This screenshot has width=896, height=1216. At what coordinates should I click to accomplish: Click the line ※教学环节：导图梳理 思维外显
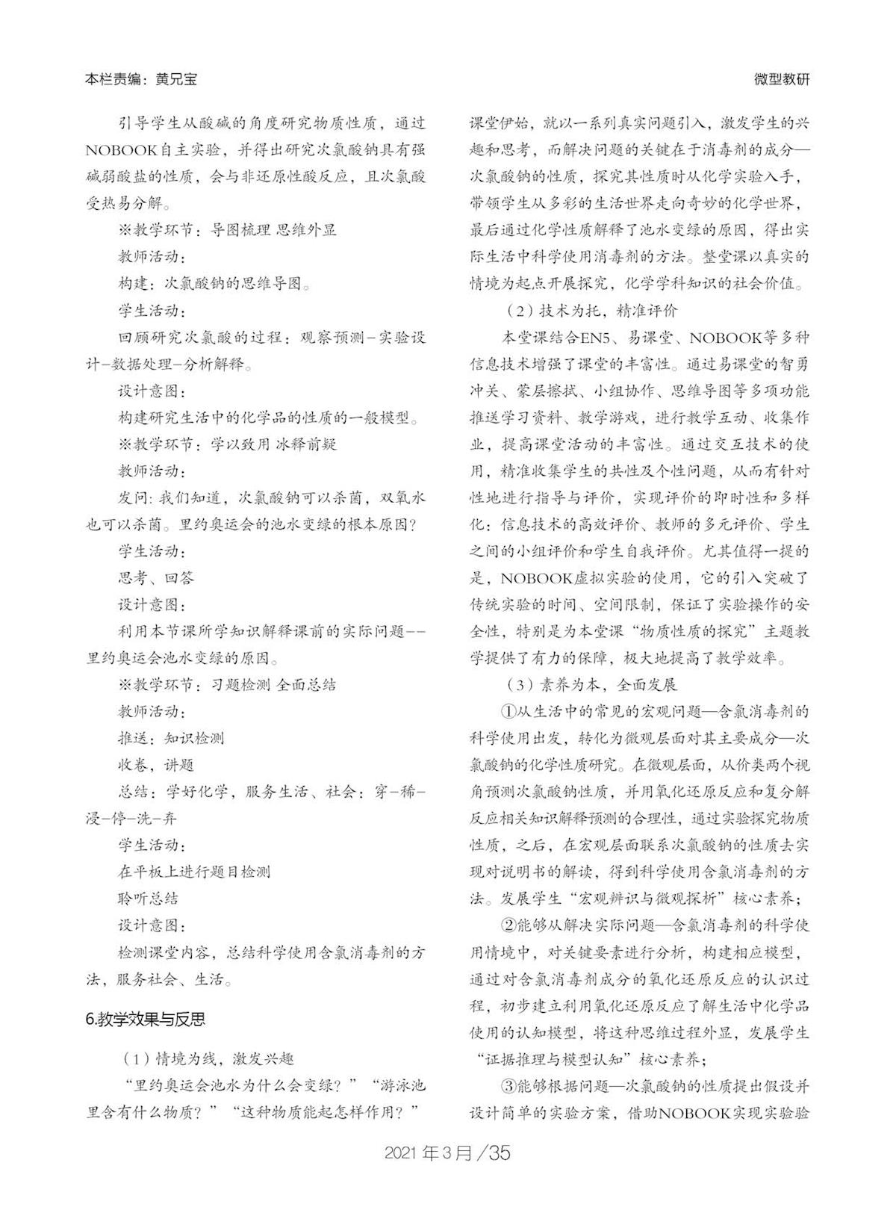click(x=227, y=230)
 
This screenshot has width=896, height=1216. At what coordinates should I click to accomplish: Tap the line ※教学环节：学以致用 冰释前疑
click(x=227, y=444)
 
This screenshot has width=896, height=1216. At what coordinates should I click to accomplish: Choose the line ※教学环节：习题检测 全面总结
click(x=227, y=684)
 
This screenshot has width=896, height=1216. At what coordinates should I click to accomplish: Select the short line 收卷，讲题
click(x=155, y=765)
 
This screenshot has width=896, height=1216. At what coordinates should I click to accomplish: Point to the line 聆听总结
click(x=148, y=899)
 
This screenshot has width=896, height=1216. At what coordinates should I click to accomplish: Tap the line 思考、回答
click(x=155, y=577)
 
